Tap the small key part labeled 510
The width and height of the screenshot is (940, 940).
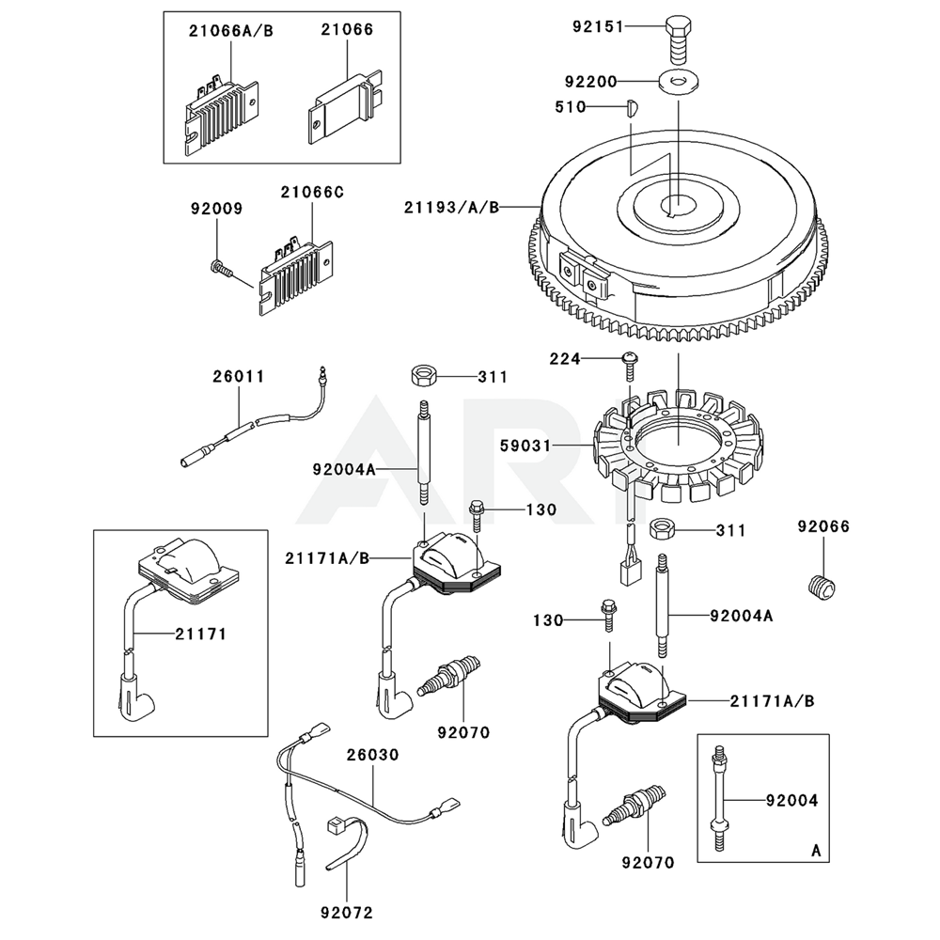pyautogui.click(x=632, y=107)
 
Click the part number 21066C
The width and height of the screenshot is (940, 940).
pyautogui.click(x=312, y=193)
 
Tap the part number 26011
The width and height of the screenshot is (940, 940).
pyautogui.click(x=238, y=377)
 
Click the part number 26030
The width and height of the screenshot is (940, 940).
pyautogui.click(x=372, y=755)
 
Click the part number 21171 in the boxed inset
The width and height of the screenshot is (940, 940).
pyautogui.click(x=200, y=634)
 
